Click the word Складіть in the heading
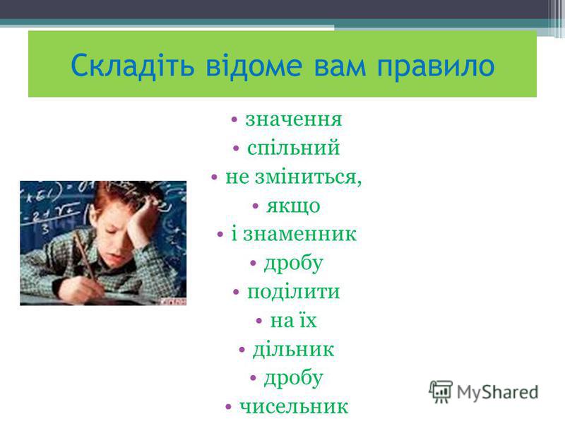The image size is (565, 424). [x=133, y=65]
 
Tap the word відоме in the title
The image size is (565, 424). [x=254, y=65]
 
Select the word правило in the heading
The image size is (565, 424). [x=436, y=66]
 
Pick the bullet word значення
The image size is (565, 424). [x=293, y=119]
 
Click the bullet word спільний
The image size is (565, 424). [x=293, y=148]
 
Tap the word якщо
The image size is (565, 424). [x=293, y=206]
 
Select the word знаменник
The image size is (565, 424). [x=299, y=234]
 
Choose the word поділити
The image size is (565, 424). [x=293, y=292]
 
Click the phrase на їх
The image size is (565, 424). [x=293, y=320]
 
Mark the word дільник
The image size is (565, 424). [x=293, y=349]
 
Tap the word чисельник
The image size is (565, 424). [x=294, y=406]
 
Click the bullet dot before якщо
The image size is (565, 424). [x=256, y=206]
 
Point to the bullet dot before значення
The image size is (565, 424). [x=234, y=119]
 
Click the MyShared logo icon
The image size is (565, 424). [x=440, y=391]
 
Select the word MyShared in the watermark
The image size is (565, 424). [x=498, y=392]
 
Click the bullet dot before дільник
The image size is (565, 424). [x=242, y=349]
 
